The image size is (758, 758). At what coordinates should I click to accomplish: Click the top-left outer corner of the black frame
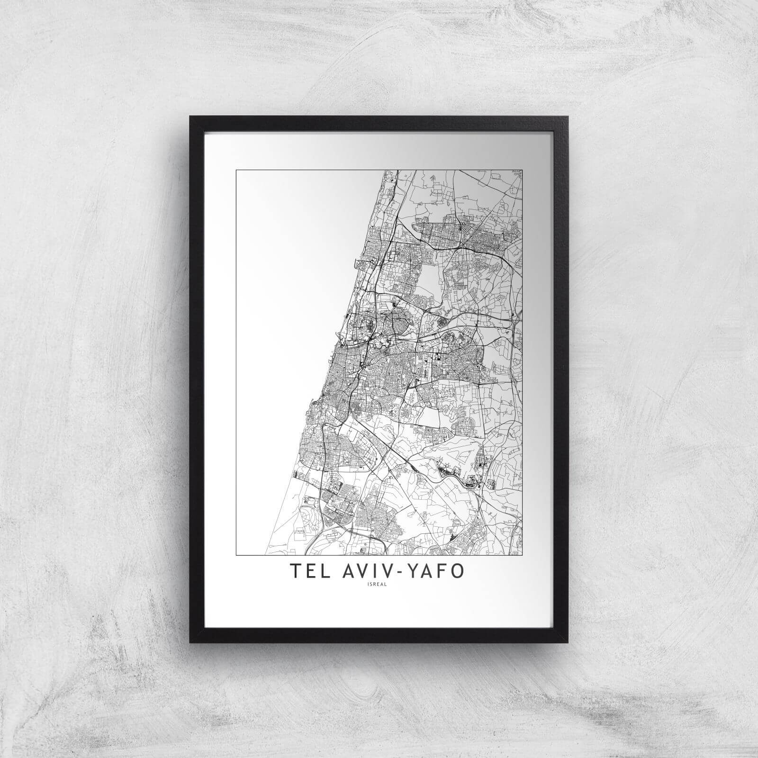[190, 116]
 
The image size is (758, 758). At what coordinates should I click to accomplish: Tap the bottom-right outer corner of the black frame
[569, 643]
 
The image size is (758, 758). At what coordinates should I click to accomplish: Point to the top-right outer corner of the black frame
[569, 116]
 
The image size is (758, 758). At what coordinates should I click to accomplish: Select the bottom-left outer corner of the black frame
[190, 643]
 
